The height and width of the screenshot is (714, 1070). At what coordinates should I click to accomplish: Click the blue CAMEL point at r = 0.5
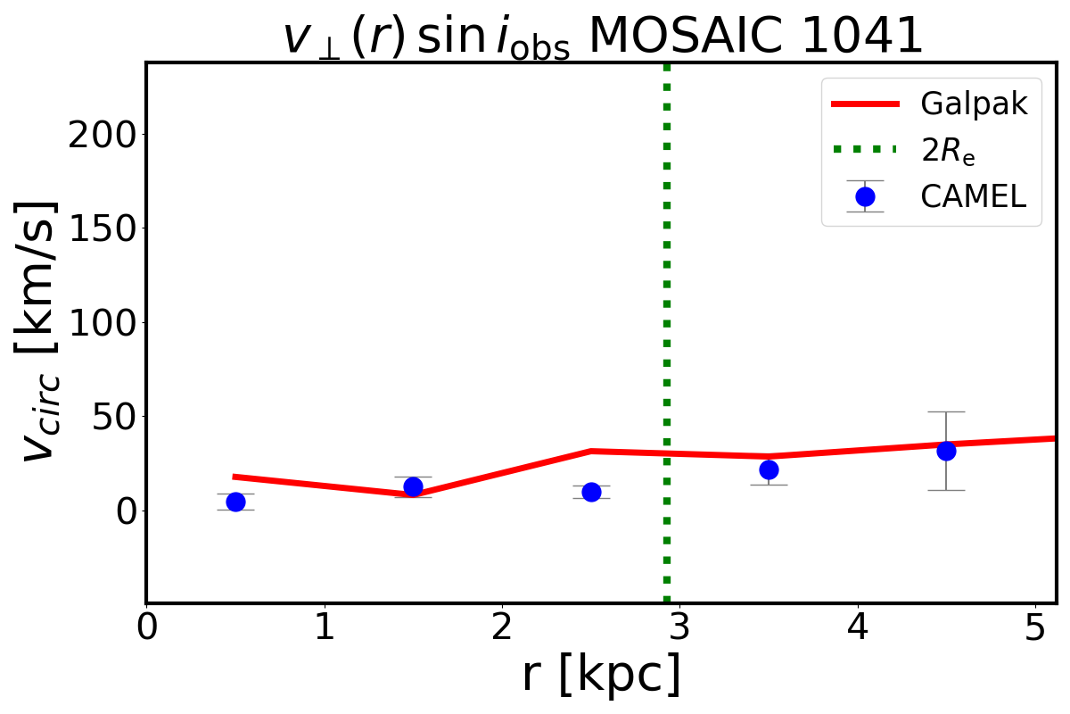[x=235, y=502]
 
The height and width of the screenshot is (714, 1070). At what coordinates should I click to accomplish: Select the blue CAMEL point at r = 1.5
[x=413, y=486]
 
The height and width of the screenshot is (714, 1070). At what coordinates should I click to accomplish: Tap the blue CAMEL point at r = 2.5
[x=590, y=492]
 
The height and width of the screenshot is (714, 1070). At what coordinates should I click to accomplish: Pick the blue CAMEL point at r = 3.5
[x=769, y=469]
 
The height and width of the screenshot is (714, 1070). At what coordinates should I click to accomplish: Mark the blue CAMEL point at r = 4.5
[x=946, y=451]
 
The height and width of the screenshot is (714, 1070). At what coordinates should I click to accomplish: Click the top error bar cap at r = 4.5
[x=946, y=411]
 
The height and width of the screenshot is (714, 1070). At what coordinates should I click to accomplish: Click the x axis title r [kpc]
[x=601, y=674]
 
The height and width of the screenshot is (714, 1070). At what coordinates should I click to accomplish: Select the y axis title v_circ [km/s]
[x=43, y=330]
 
